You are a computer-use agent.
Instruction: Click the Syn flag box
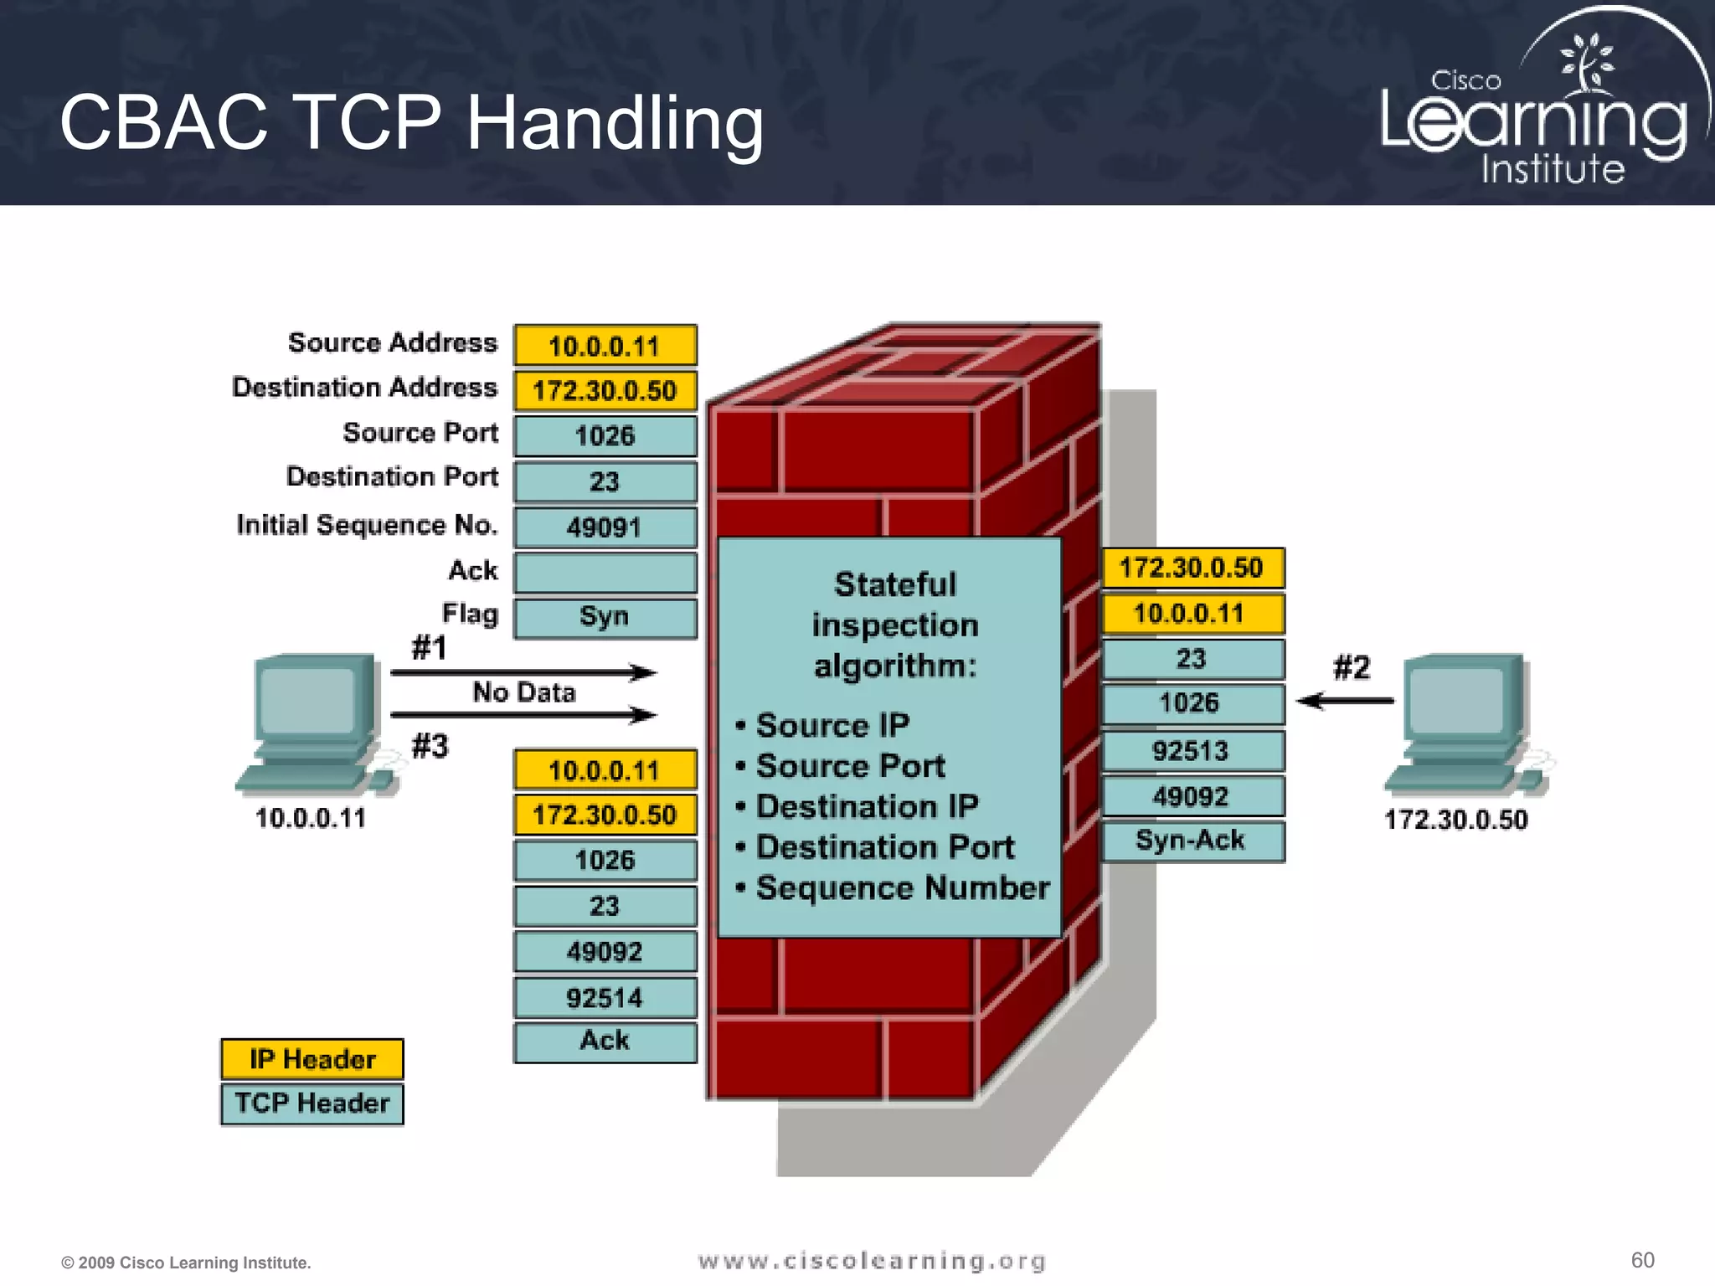click(605, 618)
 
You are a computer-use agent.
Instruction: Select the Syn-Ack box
click(1192, 841)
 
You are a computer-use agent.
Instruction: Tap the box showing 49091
click(605, 527)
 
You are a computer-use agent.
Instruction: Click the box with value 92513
click(1192, 751)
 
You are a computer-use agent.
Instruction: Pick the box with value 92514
click(605, 997)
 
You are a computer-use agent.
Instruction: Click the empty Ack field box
click(605, 573)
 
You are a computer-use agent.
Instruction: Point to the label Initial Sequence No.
click(367, 525)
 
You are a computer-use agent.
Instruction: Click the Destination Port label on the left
click(392, 476)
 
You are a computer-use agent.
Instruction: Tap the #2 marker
click(1352, 668)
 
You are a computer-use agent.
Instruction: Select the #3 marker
click(430, 745)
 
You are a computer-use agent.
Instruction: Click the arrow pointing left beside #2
click(1345, 701)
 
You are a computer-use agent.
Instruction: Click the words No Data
click(524, 692)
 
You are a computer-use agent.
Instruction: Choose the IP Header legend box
click(312, 1059)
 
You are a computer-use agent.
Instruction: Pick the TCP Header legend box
click(312, 1103)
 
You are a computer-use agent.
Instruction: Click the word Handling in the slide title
click(615, 123)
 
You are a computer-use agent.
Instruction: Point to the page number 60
click(1642, 1260)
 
